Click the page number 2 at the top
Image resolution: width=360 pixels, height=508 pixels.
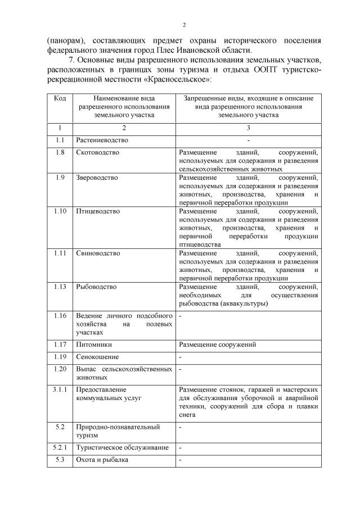[x=183, y=25]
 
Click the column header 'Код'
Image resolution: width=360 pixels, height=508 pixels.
[x=60, y=98]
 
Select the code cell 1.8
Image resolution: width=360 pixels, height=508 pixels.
[x=60, y=152]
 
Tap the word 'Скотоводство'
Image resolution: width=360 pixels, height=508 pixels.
[x=97, y=152]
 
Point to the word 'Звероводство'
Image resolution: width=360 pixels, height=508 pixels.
[x=97, y=178]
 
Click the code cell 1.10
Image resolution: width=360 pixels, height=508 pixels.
[x=60, y=211]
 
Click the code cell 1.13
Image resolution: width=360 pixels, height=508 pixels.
[x=60, y=287]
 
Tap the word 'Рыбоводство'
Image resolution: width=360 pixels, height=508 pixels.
[x=96, y=287]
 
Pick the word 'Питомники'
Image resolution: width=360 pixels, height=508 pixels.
[x=92, y=344]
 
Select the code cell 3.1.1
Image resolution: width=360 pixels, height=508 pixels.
[x=60, y=389]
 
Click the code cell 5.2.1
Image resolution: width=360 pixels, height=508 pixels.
[x=60, y=447]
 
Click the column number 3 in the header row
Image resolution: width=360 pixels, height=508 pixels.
[x=248, y=128]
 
